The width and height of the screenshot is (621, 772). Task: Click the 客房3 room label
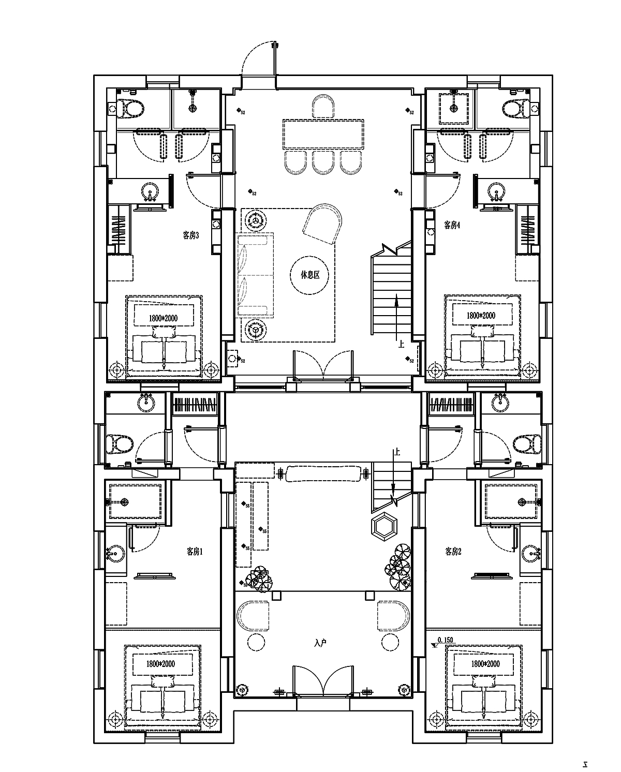pos(190,235)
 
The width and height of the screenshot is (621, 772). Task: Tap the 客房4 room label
pos(452,225)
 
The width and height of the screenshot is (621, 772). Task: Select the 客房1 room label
pos(195,552)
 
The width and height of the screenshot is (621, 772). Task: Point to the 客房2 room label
pos(453,552)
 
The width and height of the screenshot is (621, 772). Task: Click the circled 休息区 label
pos(310,275)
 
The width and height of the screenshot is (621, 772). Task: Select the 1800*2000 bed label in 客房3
pos(163,318)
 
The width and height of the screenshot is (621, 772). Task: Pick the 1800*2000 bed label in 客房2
pos(485,664)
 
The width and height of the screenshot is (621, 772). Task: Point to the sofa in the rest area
pos(255,274)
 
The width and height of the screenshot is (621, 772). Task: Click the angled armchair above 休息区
pos(323,222)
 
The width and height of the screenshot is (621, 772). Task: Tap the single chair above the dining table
pos(324,108)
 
